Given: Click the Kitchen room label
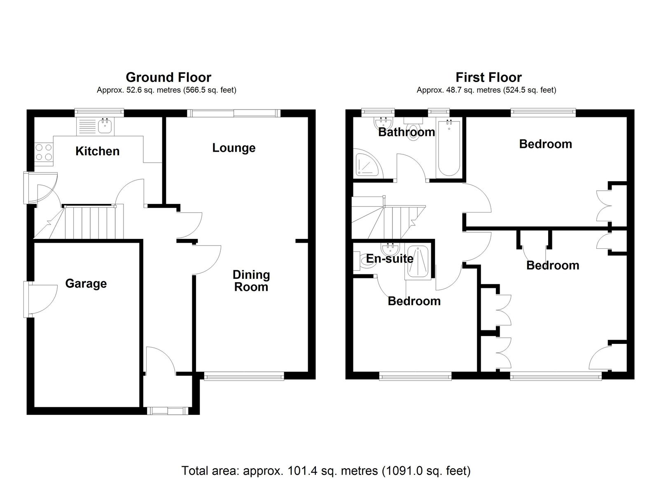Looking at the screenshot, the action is pyautogui.click(x=97, y=151).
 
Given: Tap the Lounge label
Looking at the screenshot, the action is pyautogui.click(x=234, y=148).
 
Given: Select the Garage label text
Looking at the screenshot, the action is pyautogui.click(x=86, y=284).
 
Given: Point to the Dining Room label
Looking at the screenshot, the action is pyautogui.click(x=251, y=281).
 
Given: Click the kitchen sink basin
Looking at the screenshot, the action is pyautogui.click(x=106, y=127).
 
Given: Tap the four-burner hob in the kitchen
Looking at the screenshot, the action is pyautogui.click(x=44, y=152).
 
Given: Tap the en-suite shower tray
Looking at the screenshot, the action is pyautogui.click(x=418, y=262).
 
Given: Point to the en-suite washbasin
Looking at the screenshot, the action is pyautogui.click(x=390, y=249).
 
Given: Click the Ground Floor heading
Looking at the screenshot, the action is pyautogui.click(x=168, y=77).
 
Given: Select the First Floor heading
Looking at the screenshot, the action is pyautogui.click(x=488, y=77).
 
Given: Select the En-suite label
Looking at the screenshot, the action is pyautogui.click(x=390, y=259).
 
